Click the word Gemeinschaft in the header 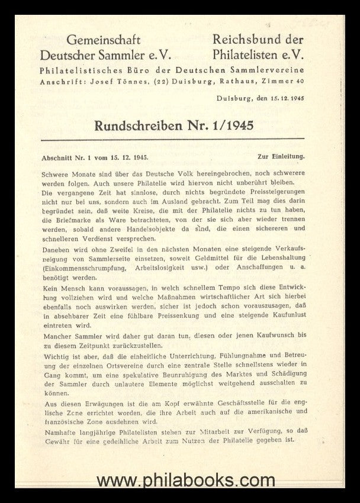[x=103, y=41]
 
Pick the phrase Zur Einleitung [x=281, y=157]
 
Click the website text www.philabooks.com [x=180, y=479]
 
